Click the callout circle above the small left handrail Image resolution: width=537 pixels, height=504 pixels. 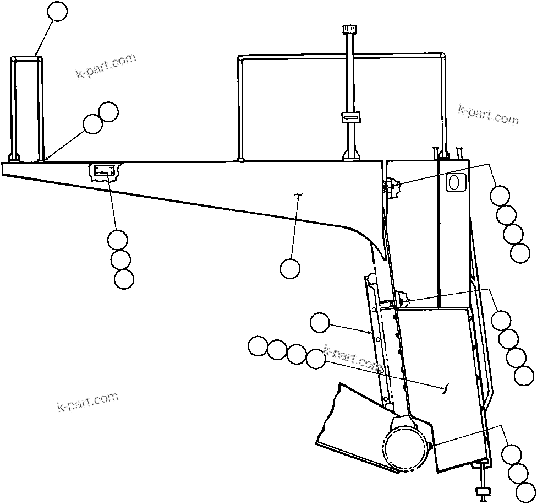57,12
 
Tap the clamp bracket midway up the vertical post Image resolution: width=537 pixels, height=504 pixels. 349,117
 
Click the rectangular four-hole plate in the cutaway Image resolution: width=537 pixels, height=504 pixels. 104,171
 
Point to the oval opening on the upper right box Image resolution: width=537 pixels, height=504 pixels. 457,181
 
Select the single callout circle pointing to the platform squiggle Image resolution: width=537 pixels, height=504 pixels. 289,268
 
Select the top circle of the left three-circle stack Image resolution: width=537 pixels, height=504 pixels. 117,240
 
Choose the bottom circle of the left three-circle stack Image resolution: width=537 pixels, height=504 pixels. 124,279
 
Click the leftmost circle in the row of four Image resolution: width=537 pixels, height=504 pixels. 257,346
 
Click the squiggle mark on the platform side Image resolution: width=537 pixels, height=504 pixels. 300,196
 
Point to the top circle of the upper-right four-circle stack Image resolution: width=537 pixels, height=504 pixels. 500,196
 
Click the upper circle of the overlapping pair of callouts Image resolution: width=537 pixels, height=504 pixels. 108,112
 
